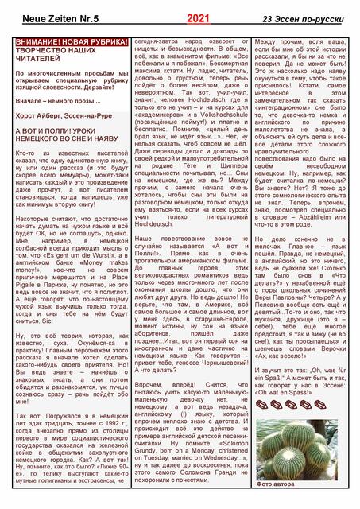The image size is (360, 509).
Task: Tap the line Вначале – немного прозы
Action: (52, 101)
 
